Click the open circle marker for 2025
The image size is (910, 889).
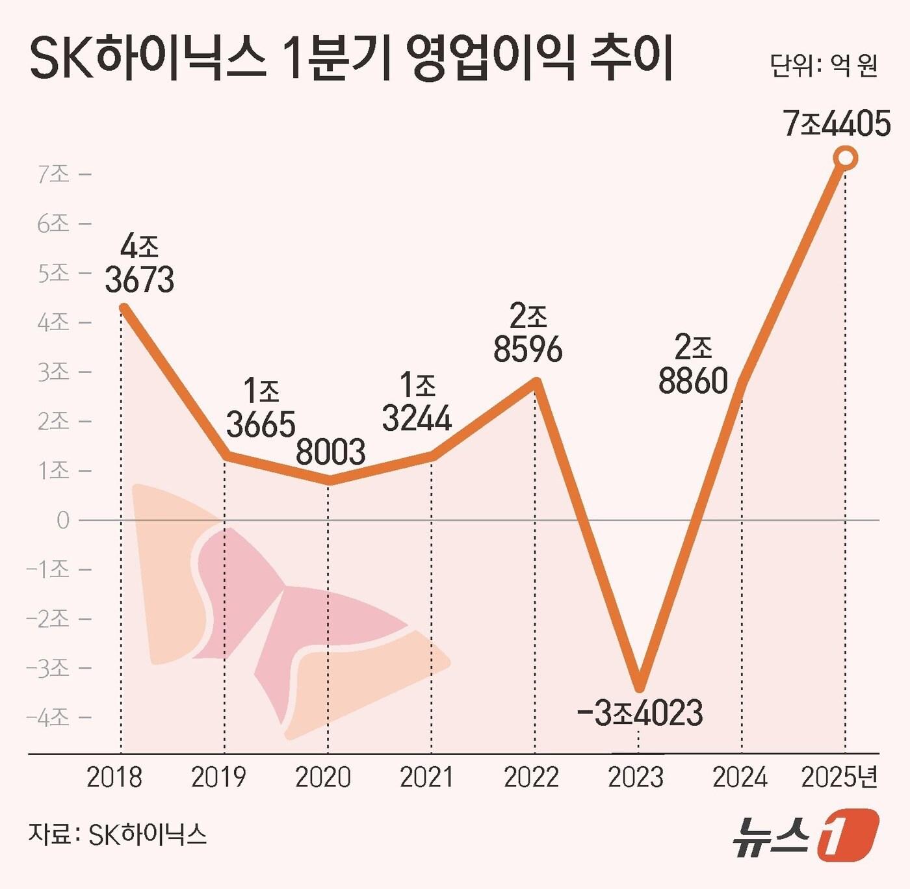point(846,158)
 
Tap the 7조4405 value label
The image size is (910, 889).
point(837,124)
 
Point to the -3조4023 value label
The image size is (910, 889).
point(640,713)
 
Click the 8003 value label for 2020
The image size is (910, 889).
point(330,452)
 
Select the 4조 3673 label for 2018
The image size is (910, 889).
point(140,265)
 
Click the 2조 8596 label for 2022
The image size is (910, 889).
point(528,334)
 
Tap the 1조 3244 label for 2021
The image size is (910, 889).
point(417,403)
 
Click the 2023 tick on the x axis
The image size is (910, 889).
point(636,777)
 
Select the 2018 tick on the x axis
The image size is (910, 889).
point(114,777)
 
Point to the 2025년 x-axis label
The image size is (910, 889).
point(840,777)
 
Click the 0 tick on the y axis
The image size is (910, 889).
point(63,521)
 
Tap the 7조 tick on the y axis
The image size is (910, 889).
point(54,174)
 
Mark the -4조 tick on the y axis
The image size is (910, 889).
point(48,717)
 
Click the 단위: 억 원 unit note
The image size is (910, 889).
point(824,65)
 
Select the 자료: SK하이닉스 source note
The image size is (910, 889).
point(118,834)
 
